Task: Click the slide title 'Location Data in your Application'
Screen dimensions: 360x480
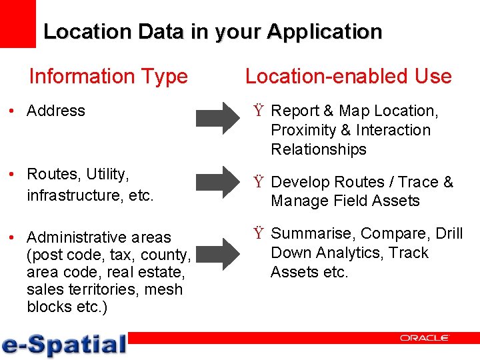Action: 213,31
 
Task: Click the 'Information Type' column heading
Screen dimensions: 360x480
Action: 108,77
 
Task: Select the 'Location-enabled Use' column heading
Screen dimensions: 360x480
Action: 348,77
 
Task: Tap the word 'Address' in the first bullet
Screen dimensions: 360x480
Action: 56,111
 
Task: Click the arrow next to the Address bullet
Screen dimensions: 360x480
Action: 217,118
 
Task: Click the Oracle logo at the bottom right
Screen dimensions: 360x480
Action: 425,338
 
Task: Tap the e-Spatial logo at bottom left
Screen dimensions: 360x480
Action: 64,344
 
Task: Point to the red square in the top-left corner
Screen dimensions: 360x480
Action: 17,23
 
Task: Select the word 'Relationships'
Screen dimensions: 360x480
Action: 319,149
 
